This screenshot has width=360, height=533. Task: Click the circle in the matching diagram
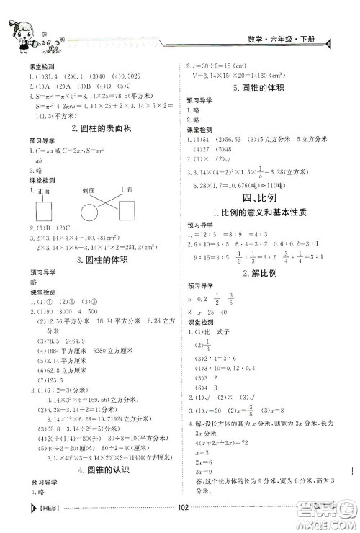point(91,212)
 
